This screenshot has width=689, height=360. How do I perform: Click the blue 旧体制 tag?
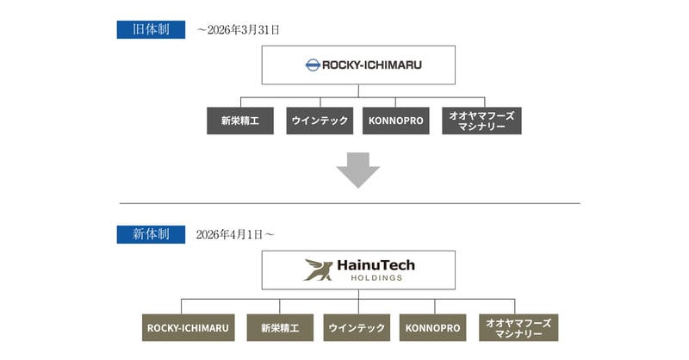151,29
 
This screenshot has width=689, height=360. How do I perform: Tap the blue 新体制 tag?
151,233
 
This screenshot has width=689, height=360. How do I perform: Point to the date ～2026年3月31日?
238,29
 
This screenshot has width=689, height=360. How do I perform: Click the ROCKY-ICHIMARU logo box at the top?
358,65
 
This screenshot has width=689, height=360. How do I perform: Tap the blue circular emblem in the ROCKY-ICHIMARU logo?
313,65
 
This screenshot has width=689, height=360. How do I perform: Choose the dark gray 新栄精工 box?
240,121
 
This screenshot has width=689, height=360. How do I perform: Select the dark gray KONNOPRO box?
396,121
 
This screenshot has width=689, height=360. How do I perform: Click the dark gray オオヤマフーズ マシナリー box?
481,121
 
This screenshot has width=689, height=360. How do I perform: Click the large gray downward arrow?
357,170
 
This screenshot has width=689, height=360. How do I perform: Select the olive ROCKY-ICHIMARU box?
188,328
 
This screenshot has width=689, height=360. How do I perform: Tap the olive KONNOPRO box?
434,328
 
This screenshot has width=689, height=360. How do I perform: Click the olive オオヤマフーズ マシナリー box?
518,328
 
